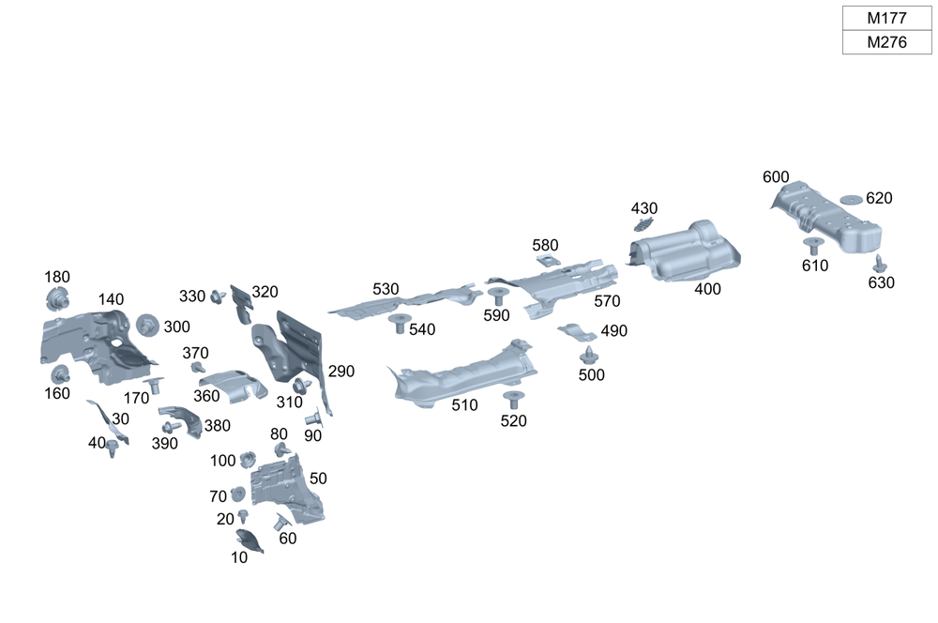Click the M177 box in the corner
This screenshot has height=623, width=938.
886,18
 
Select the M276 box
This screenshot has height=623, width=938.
886,42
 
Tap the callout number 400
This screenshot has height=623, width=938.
708,289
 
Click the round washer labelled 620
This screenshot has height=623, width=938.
851,200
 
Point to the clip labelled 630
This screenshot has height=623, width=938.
880,263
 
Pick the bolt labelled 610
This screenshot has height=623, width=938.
812,247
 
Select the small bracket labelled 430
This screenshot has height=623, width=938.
643,225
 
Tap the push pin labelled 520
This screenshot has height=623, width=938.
512,401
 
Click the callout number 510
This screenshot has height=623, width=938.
464,405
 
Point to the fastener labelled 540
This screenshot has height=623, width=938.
398,324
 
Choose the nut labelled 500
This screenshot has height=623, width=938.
588,356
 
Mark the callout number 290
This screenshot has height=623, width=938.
341,372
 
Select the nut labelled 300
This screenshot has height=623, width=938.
147,325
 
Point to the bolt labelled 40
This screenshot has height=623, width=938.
113,447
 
